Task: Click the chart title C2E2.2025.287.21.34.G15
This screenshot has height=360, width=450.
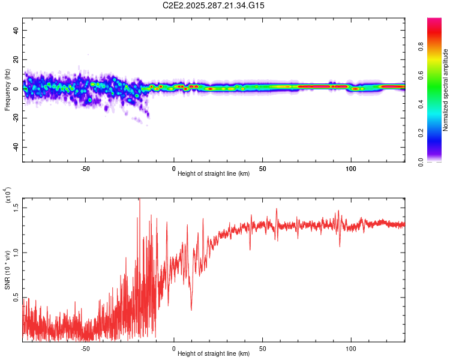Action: click(x=214, y=5)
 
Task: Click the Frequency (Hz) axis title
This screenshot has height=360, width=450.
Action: click(x=7, y=89)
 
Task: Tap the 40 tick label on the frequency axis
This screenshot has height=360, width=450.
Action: click(x=16, y=31)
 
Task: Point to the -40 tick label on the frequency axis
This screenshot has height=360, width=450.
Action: click(x=15, y=148)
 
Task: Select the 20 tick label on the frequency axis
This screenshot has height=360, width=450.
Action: click(x=16, y=60)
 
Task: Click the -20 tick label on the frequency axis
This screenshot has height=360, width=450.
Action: click(x=15, y=118)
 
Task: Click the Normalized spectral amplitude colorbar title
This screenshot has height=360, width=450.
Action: click(x=446, y=89)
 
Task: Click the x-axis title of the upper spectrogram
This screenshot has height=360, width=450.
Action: click(x=214, y=173)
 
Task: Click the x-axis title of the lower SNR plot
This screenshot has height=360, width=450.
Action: click(x=214, y=353)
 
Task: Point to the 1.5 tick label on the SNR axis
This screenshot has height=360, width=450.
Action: click(x=16, y=207)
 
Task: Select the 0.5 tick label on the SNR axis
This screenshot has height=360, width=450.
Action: click(x=16, y=298)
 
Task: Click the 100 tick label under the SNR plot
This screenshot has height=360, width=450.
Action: click(x=351, y=348)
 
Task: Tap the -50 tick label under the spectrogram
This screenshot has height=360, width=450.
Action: click(x=85, y=168)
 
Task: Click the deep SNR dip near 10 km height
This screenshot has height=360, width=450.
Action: click(x=191, y=310)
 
